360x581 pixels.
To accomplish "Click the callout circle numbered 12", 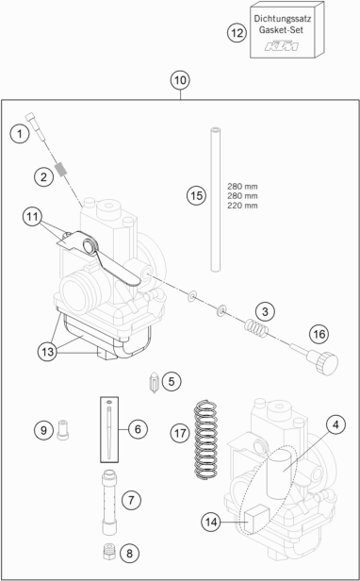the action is (x=237, y=33).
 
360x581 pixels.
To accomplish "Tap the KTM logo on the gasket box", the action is (x=281, y=46).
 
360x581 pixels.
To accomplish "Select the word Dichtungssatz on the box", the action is (x=282, y=18).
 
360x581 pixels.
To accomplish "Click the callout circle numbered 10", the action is (x=180, y=80).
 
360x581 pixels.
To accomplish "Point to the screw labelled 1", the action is (x=36, y=127).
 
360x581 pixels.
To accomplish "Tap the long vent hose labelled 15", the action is (x=215, y=199).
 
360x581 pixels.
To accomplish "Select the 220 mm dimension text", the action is (x=242, y=206).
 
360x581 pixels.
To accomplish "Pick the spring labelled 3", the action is (x=255, y=328).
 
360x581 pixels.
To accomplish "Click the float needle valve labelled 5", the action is (x=154, y=383).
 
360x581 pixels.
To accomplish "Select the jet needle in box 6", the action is (x=109, y=430).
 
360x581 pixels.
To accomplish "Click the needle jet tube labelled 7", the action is (x=109, y=502).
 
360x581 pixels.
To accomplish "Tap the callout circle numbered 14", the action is (x=211, y=523).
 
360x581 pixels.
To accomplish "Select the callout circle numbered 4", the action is (x=335, y=425).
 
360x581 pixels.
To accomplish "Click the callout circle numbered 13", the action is (x=47, y=351).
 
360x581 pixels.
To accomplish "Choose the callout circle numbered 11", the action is (x=32, y=217).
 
